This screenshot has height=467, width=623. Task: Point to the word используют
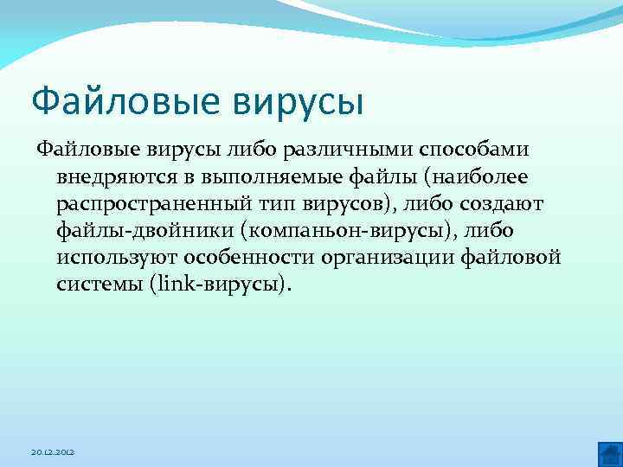[114, 258]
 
